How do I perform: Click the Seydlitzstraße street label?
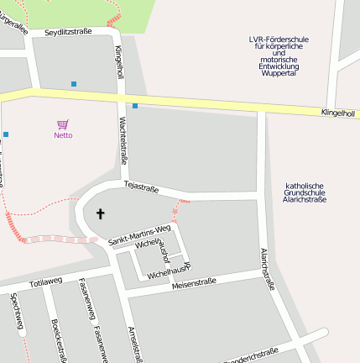[68, 31]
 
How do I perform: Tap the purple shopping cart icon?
[63, 124]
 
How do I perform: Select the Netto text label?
[63, 135]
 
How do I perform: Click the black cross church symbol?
[101, 213]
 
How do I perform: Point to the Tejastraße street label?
[141, 187]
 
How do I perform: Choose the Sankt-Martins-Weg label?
[140, 235]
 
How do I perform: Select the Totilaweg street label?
[45, 281]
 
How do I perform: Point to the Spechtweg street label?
[16, 310]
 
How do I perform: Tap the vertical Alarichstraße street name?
[267, 268]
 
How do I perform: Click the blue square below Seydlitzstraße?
[74, 84]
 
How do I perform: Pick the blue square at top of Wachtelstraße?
[135, 106]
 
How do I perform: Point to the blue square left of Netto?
[6, 134]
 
